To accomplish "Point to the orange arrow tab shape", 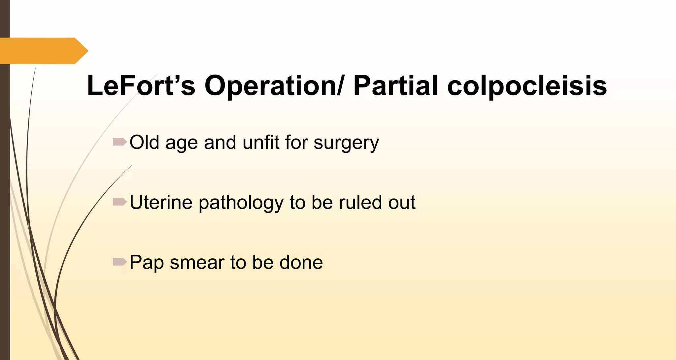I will coord(43,51).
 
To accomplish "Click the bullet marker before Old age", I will coord(119,142).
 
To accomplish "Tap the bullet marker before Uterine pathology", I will coord(119,202).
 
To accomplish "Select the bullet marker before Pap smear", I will coord(119,262).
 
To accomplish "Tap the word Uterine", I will coord(161,202).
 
